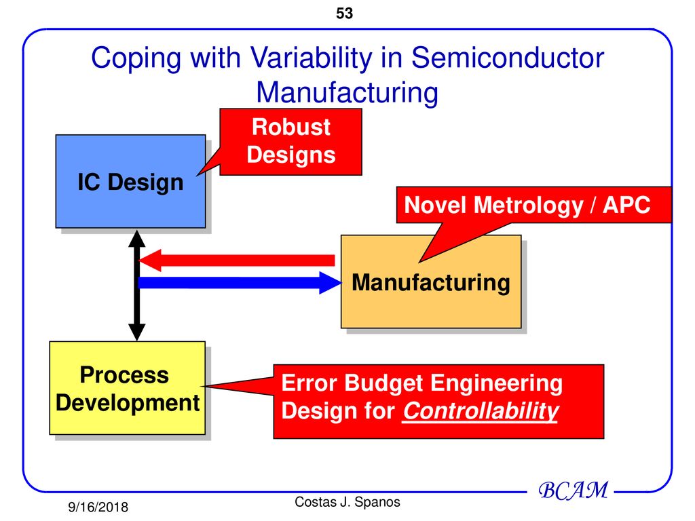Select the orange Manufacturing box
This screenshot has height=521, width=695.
pyautogui.click(x=430, y=282)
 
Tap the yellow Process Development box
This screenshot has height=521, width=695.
pyautogui.click(x=127, y=388)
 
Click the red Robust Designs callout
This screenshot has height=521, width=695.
pyautogui.click(x=290, y=141)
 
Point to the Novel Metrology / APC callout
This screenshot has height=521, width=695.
pyautogui.click(x=527, y=205)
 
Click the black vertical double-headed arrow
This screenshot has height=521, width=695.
pyautogui.click(x=137, y=285)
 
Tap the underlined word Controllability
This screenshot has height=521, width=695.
pyautogui.click(x=480, y=411)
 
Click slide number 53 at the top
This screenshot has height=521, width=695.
pyautogui.click(x=344, y=13)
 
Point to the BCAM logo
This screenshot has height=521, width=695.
pyautogui.click(x=573, y=490)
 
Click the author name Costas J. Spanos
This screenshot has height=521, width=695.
pyautogui.click(x=347, y=502)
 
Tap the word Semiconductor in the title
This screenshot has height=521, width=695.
pyautogui.click(x=507, y=58)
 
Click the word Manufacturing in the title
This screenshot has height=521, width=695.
pyautogui.click(x=347, y=92)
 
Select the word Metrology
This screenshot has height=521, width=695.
pyautogui.click(x=523, y=205)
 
